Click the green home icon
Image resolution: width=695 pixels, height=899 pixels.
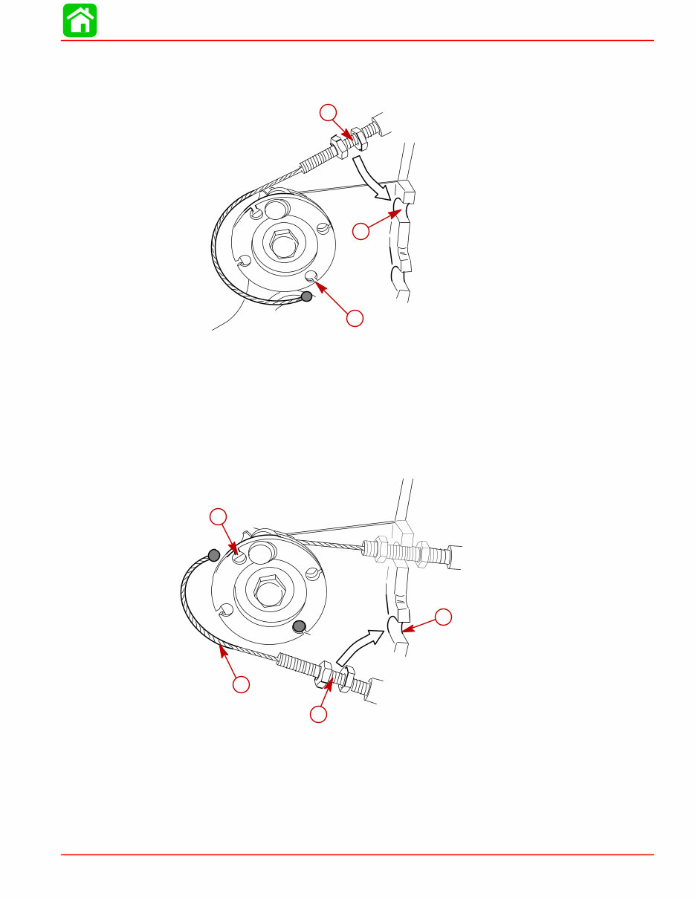(80, 20)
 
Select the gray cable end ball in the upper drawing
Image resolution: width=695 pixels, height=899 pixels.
(306, 297)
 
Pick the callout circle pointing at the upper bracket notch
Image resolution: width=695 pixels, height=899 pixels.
(361, 232)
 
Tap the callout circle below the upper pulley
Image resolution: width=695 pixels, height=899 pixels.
(355, 318)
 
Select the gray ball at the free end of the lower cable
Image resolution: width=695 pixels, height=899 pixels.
(213, 554)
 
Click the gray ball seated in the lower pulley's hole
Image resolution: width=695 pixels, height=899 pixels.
(299, 627)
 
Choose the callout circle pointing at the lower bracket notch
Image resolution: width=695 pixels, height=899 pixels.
(443, 617)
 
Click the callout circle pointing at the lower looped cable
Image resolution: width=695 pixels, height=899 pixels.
(240, 685)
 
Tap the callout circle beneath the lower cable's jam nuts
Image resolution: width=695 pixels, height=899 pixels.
(318, 715)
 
